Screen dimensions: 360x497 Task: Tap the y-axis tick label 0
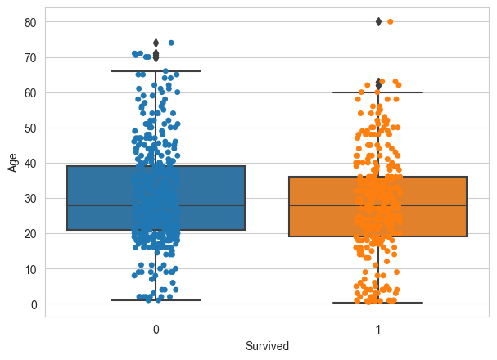(x=34, y=304)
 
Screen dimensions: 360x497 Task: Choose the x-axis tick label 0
(x=156, y=330)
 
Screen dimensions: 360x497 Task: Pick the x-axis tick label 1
(x=378, y=330)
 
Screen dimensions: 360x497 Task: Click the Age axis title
(x=12, y=163)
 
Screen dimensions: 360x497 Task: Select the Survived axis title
(x=267, y=346)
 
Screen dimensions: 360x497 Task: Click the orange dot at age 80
(x=390, y=21)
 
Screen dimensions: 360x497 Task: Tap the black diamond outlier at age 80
(x=378, y=21)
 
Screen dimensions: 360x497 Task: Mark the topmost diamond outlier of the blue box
(x=156, y=43)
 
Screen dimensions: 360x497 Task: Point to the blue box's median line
(x=156, y=205)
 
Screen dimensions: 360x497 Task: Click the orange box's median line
(x=378, y=205)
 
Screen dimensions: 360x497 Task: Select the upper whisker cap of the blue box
(x=156, y=71)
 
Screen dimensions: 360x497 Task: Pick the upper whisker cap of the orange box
(x=378, y=92)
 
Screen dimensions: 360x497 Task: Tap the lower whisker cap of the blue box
(x=156, y=300)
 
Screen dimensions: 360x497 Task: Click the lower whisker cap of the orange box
(x=378, y=303)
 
